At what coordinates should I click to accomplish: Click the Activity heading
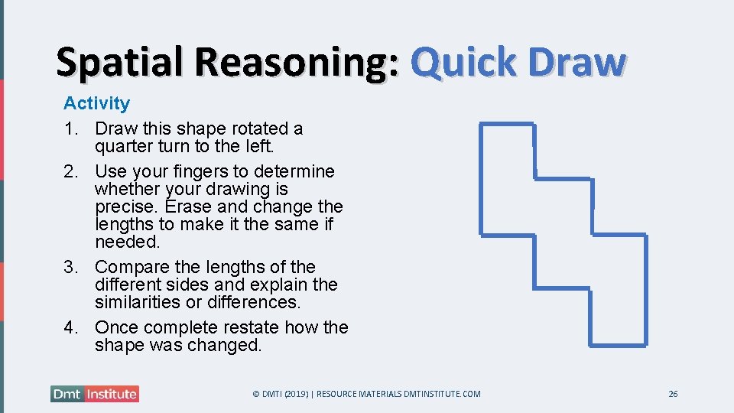pyautogui.click(x=96, y=103)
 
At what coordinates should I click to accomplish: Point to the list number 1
pyautogui.click(x=70, y=128)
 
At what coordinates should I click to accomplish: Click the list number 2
pyautogui.click(x=70, y=171)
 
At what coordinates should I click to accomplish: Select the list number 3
pyautogui.click(x=70, y=267)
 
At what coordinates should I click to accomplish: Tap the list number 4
pyautogui.click(x=70, y=327)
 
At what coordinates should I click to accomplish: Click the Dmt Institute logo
pyautogui.click(x=95, y=394)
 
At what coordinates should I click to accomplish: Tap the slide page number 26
pyautogui.click(x=673, y=394)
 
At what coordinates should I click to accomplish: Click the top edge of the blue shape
pyautogui.click(x=506, y=123)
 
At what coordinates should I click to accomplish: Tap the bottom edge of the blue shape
pyautogui.click(x=619, y=344)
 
